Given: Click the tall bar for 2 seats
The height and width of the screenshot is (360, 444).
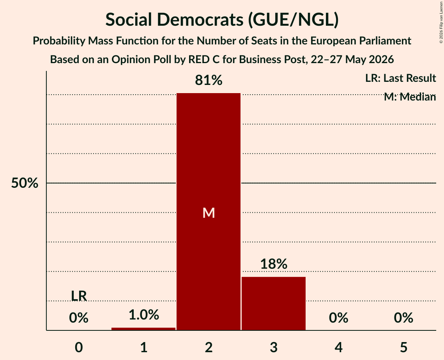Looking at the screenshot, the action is (209, 212).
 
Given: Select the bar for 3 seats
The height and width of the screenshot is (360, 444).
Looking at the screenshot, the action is (274, 304).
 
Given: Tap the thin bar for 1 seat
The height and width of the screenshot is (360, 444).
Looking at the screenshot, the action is (143, 329).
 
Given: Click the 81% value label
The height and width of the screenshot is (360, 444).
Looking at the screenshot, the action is (209, 80).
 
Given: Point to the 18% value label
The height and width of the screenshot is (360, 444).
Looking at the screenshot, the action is (274, 264).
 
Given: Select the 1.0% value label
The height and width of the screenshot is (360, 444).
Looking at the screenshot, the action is (143, 315).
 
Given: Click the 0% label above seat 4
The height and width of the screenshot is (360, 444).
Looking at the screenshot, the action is (339, 318).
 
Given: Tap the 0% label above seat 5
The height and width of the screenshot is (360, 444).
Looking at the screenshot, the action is (403, 318).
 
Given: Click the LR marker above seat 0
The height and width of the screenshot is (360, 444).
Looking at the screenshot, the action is (79, 296).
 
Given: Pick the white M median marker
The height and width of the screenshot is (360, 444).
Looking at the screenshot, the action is (209, 213).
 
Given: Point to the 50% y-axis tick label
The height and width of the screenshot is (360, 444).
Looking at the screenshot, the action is (25, 183).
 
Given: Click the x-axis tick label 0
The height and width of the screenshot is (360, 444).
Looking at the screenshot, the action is (79, 348).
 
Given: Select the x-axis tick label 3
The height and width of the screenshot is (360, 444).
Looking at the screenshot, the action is (274, 348).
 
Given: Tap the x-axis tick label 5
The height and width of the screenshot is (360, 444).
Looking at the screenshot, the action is (403, 348).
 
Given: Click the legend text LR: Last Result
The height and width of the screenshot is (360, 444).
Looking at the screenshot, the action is (400, 78).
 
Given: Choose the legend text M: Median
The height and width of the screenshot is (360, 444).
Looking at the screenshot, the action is (410, 97).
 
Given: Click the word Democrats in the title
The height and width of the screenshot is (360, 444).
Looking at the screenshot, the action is (200, 19).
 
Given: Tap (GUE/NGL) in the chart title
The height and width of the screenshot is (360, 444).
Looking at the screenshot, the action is (294, 20).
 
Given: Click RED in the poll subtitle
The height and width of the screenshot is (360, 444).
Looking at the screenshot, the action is (198, 60).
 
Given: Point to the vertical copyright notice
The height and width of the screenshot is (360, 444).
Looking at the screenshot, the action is (441, 22).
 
